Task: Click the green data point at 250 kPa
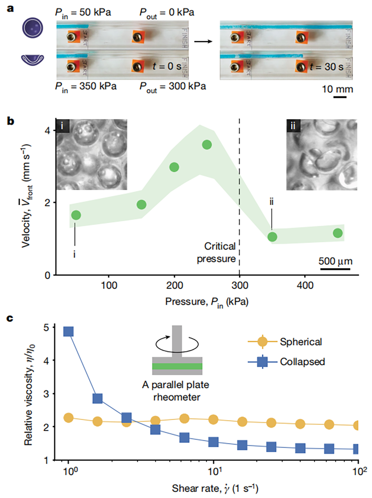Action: coord(207,145)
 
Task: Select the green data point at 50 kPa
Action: coord(76,215)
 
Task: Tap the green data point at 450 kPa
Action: coord(338,233)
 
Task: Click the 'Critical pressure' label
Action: coord(217,252)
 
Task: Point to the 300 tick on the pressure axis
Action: coord(240,285)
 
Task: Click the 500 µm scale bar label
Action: coord(335,261)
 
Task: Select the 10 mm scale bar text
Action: coord(337,89)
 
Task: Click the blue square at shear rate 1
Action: coord(69,331)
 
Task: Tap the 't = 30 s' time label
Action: coord(326,67)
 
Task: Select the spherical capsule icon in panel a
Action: coord(32,29)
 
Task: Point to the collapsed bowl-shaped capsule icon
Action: coord(32,59)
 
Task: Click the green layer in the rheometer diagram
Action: coord(177,366)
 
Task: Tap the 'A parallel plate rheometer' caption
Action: coord(176,391)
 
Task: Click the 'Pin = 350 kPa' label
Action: coord(86,86)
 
